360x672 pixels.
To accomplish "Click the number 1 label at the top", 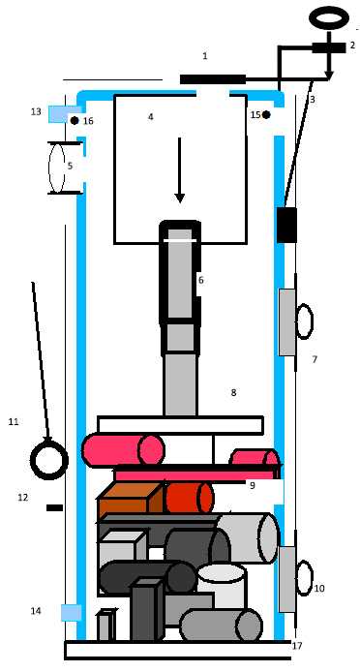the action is tap(205, 56).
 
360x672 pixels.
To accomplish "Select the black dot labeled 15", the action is tap(266, 114).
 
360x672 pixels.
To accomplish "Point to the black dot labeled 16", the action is tap(75, 120).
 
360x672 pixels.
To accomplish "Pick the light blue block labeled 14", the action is tap(71, 612).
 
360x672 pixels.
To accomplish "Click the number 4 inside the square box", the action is tap(150, 116).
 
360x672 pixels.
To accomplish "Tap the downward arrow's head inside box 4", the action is tap(180, 198).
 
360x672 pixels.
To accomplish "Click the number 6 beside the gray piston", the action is tap(201, 280).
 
